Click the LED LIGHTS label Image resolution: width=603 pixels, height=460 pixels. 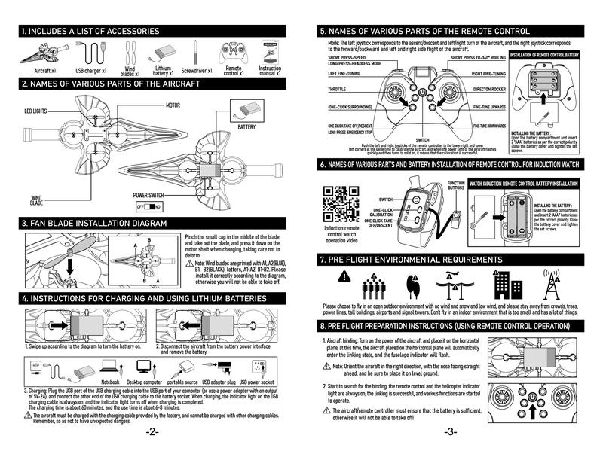click(x=31, y=111)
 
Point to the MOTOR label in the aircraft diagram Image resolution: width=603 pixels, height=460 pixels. click(x=173, y=105)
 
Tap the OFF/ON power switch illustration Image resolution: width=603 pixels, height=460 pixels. click(x=149, y=206)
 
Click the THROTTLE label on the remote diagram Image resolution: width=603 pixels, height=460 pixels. click(x=338, y=90)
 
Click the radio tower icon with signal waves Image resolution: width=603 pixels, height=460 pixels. click(x=556, y=284)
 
